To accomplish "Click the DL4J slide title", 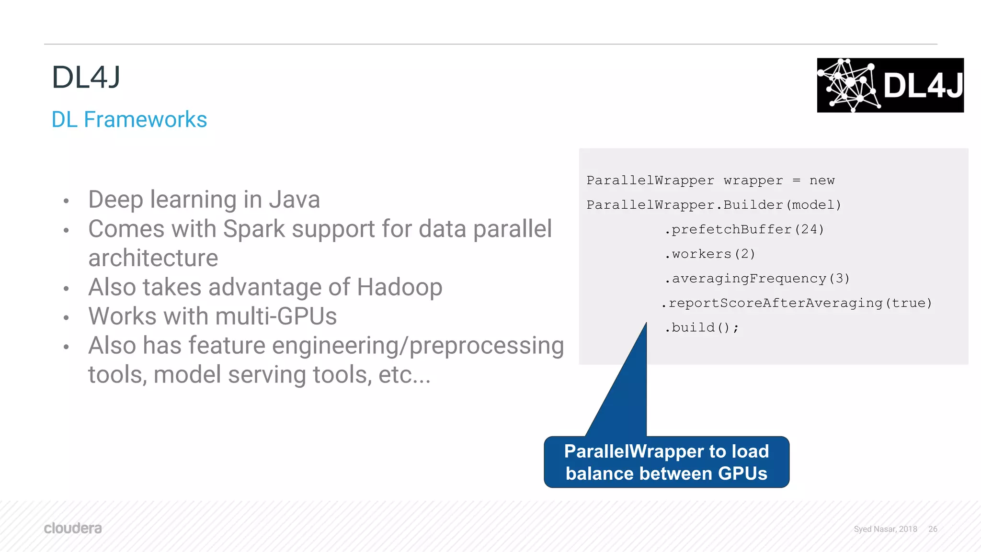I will tap(86, 77).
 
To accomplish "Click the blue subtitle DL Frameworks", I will tap(129, 119).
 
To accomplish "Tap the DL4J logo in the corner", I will tap(890, 85).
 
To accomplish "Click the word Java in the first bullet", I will tap(294, 199).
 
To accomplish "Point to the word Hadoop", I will tap(399, 287).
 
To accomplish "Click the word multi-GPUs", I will tap(276, 316).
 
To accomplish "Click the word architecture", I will tap(153, 258).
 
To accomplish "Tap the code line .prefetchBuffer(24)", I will tap(744, 229).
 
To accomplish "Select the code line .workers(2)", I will tap(709, 254).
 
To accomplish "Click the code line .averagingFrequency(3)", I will tap(757, 279).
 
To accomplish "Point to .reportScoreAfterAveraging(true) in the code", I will tap(796, 303).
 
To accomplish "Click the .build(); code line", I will tap(702, 327).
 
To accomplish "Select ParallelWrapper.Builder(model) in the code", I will tap(714, 205).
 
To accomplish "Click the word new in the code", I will tap(822, 180).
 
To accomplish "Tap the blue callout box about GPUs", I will tap(666, 462).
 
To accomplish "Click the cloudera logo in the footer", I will tap(73, 528).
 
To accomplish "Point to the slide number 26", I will tap(933, 529).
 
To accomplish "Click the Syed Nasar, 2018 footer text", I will tap(885, 529).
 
